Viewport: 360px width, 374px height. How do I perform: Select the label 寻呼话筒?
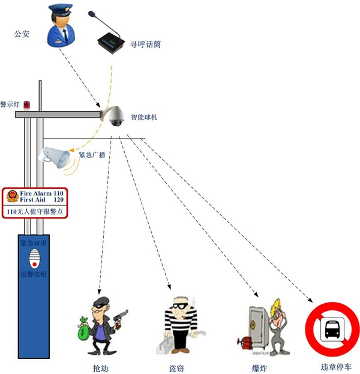point(145,44)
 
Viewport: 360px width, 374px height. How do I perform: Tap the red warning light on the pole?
point(26,105)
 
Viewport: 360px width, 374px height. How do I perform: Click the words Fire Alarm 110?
point(41,193)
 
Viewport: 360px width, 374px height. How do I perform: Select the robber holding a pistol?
point(101,325)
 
